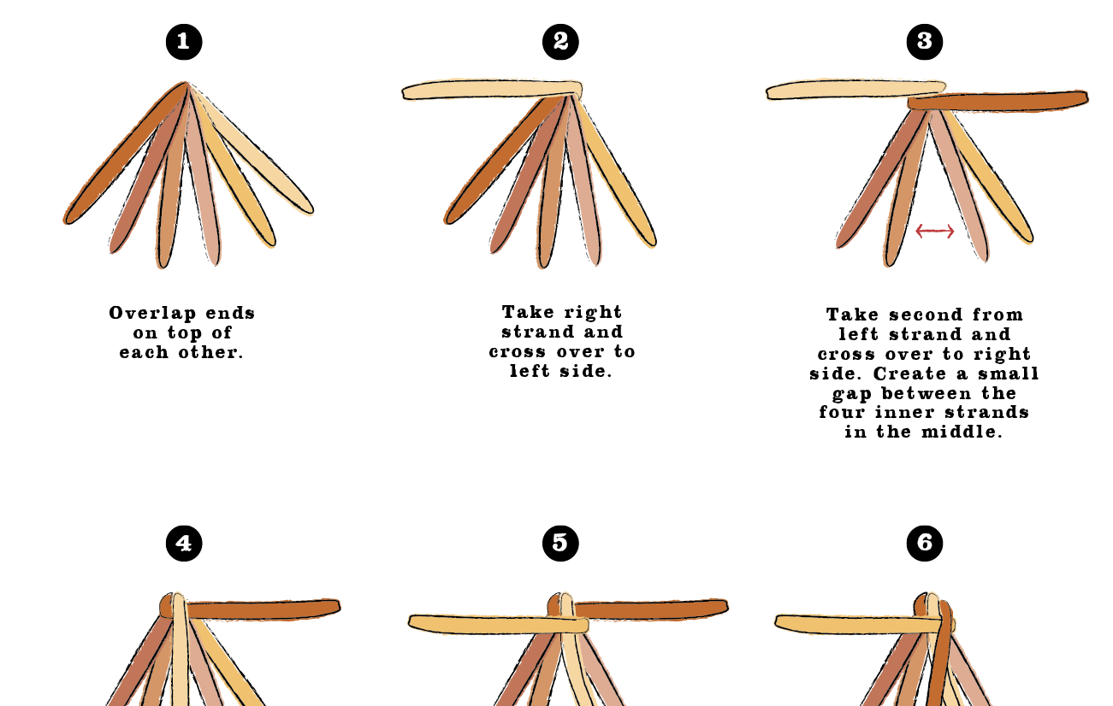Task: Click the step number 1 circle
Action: coord(184,42)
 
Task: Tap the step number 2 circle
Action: coord(560,42)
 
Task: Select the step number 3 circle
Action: coord(925,42)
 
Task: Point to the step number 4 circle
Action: coord(184,543)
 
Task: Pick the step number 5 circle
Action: coord(560,543)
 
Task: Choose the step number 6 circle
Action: coord(925,543)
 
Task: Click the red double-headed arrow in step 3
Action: coord(934,232)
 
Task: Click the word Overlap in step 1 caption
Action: coord(152,314)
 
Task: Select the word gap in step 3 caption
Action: coord(852,394)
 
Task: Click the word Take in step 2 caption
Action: coord(528,312)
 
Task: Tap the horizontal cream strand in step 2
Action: coord(492,90)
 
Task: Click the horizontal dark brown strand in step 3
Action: coord(998,101)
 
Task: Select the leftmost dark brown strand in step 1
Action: coord(127,153)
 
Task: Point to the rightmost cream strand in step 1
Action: coord(251,149)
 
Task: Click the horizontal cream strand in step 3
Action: coord(855,90)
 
